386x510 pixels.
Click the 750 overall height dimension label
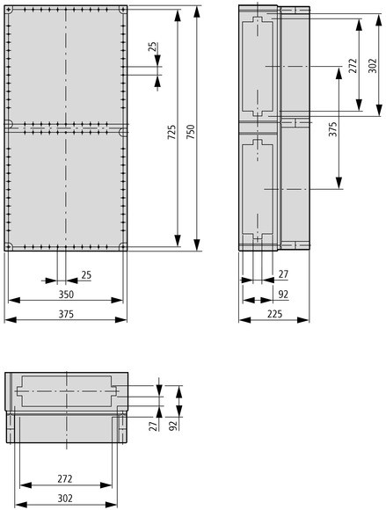191,131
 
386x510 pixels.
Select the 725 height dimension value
171,132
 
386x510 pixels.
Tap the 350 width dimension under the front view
66,295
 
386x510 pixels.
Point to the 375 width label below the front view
66,314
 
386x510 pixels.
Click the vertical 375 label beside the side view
332,129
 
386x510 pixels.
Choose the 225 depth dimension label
275,314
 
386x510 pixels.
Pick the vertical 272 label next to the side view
353,65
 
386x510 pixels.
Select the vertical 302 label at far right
373,65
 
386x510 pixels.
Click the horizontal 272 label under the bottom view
65,478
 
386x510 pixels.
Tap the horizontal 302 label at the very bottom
65,499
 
